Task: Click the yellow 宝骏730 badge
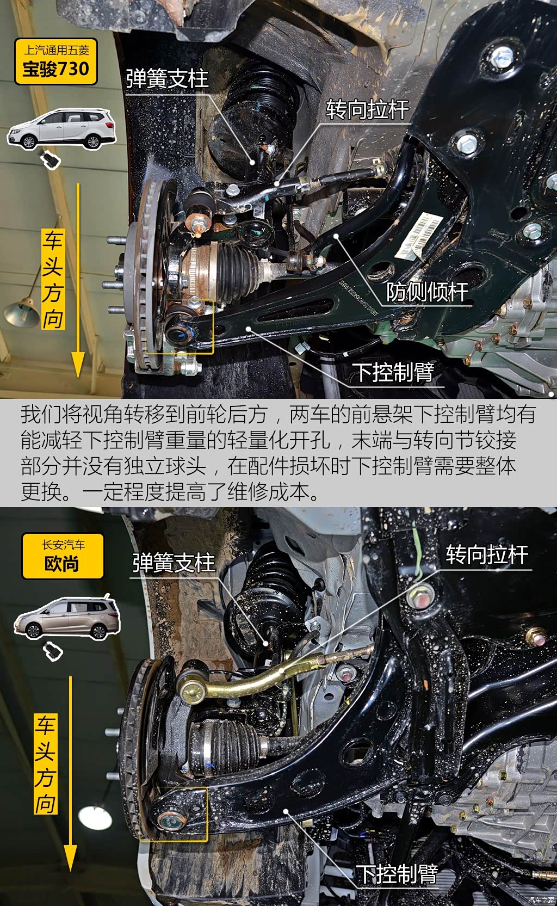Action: (x=56, y=61)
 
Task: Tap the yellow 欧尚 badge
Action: (x=63, y=556)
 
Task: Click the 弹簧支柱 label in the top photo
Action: (x=167, y=78)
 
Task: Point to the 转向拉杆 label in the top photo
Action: (x=367, y=109)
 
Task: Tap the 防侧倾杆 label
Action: (x=427, y=292)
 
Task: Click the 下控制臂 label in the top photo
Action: (x=393, y=373)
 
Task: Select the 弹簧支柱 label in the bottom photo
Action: (x=174, y=563)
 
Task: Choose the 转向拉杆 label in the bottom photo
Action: (x=487, y=554)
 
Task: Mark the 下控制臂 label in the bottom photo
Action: (x=397, y=874)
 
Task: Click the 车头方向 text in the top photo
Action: (x=53, y=279)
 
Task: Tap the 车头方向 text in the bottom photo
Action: (x=46, y=764)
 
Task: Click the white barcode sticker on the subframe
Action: (x=419, y=235)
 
